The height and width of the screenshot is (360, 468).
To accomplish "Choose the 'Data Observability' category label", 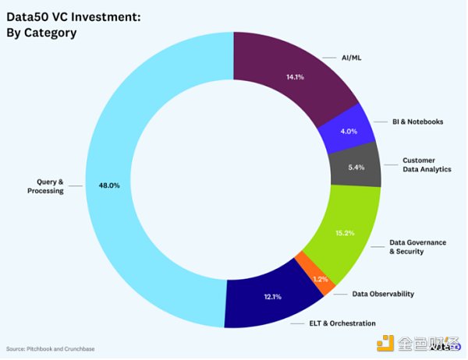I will pyautogui.click(x=383, y=294).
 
